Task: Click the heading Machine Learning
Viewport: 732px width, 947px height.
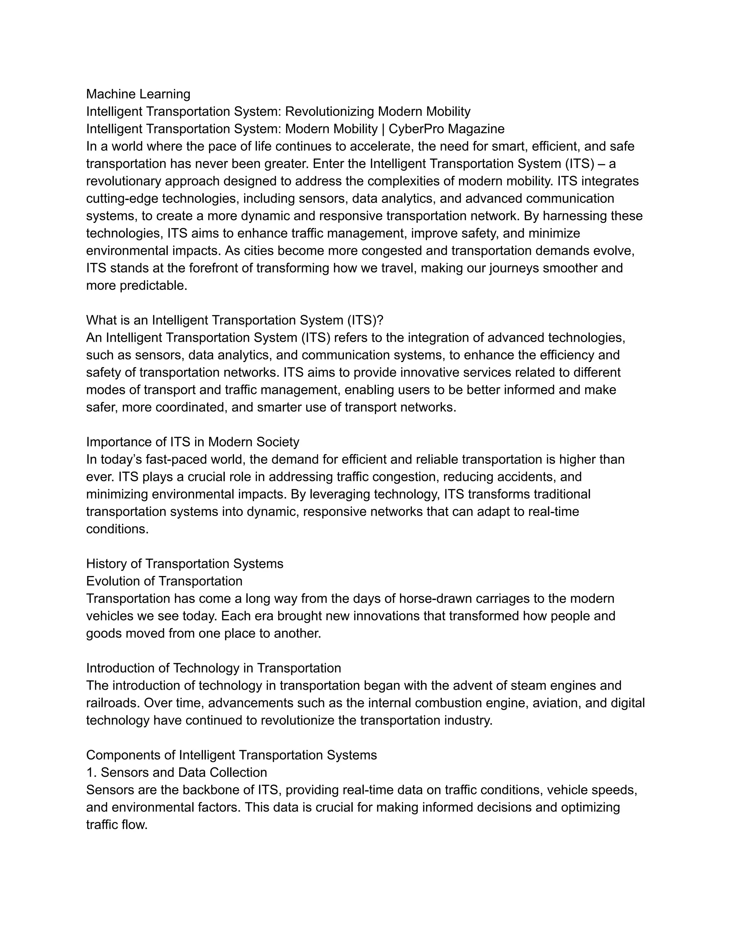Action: pos(138,94)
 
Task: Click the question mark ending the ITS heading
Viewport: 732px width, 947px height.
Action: pos(380,321)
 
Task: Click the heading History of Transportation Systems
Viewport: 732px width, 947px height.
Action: pos(184,564)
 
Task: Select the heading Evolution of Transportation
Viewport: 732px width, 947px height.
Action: pos(164,581)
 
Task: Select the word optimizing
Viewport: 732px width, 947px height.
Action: pos(590,807)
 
